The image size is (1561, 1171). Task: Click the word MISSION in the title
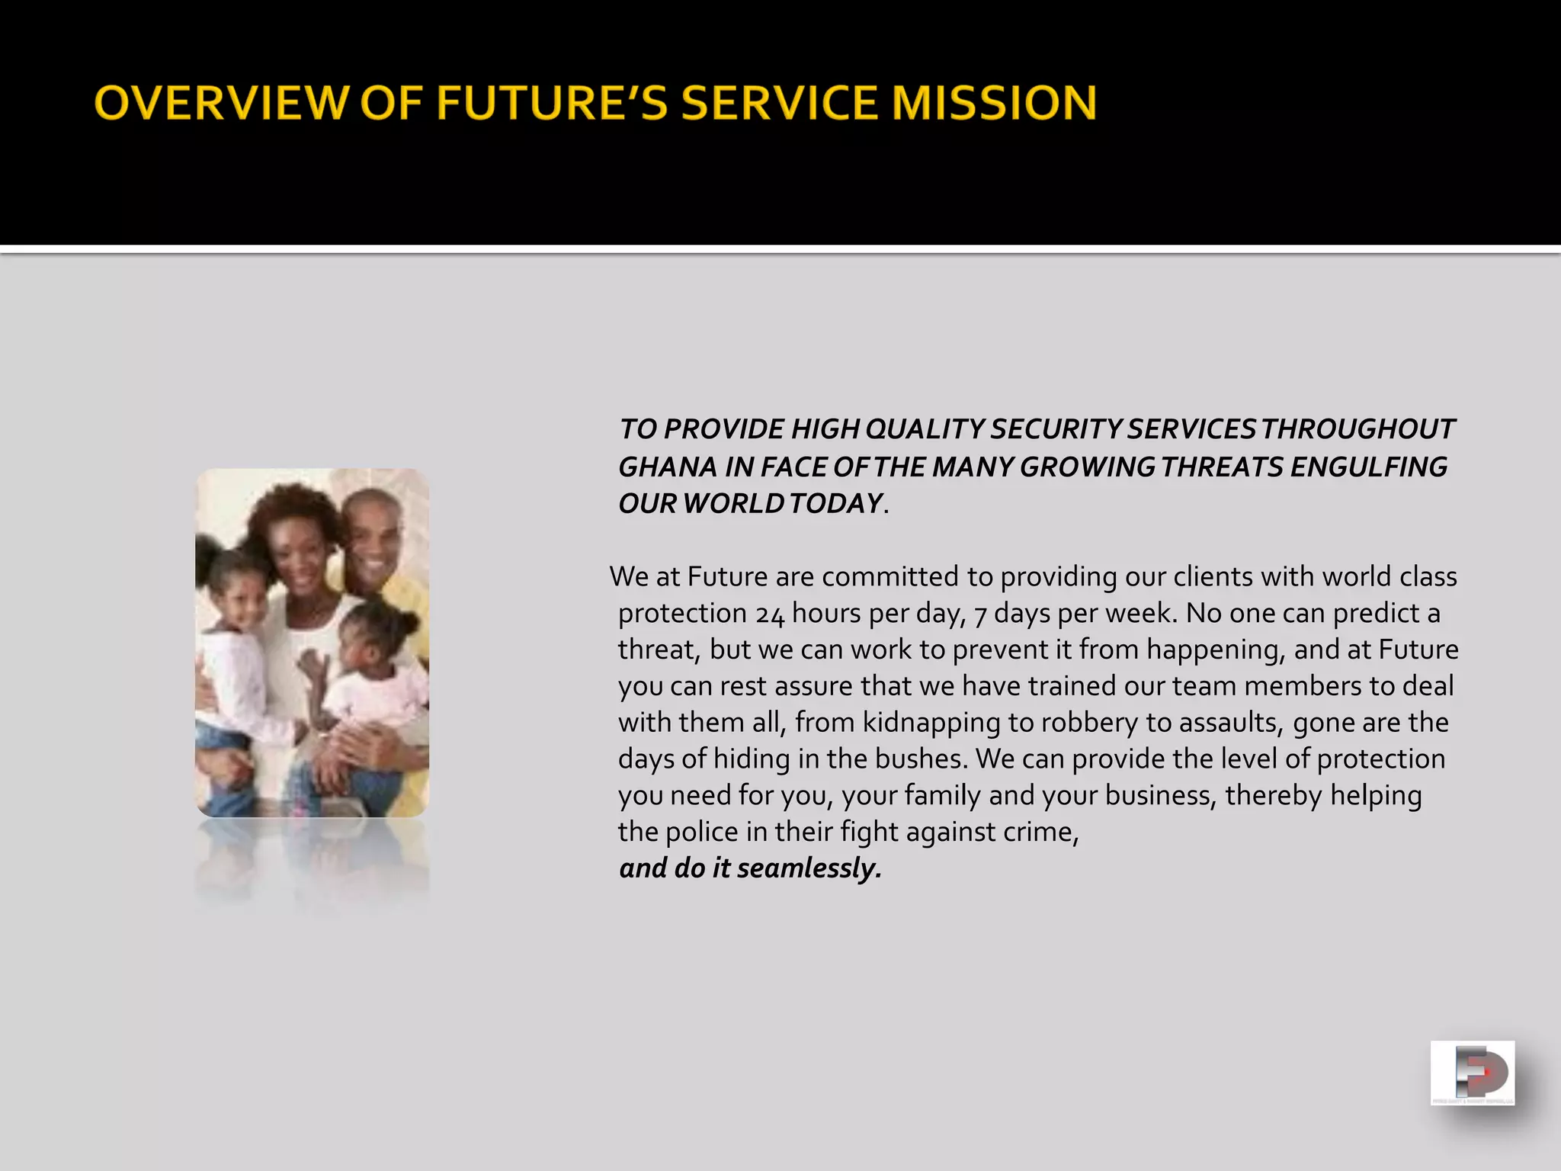(x=995, y=103)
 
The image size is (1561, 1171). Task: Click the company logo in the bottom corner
(x=1472, y=1073)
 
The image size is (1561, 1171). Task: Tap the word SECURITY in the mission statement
(x=1055, y=429)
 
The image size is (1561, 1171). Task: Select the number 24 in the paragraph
(x=770, y=614)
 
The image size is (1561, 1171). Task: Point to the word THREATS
(x=1223, y=467)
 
